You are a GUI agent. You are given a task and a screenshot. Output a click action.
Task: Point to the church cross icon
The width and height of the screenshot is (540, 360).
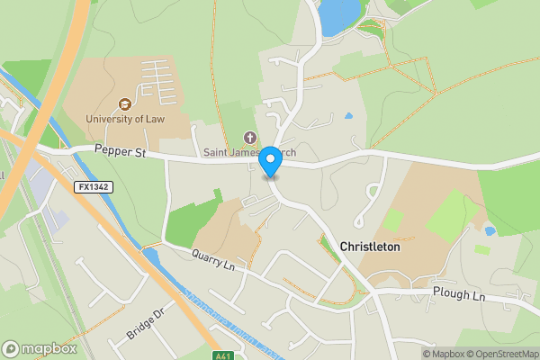coord(250,138)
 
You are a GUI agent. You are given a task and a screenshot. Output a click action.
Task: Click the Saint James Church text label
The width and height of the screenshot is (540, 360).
coord(247,152)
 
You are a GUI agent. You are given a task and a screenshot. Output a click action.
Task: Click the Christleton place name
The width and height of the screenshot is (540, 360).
coord(369,246)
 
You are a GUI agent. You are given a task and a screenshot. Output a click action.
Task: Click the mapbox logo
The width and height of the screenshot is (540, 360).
coord(38,348)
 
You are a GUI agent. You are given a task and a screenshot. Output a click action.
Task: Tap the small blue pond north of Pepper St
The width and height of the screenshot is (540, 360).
coord(348,116)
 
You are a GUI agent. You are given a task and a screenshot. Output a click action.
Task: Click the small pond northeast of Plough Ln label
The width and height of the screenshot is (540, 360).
coord(490,231)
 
